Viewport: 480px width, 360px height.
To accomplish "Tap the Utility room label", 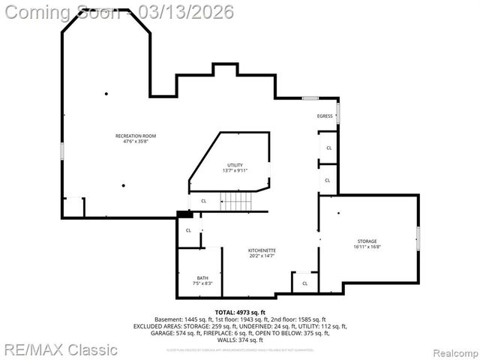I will [235, 165].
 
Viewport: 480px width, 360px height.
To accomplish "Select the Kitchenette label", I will [262, 250].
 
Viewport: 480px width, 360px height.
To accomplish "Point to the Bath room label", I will [202, 277].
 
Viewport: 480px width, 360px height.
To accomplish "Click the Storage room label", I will [367, 241].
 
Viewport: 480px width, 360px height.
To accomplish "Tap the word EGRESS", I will [325, 116].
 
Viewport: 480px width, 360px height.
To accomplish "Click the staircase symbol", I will [234, 201].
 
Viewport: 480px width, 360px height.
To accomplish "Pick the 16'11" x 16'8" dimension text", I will [367, 247].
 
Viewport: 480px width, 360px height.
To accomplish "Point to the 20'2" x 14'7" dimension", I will [262, 256].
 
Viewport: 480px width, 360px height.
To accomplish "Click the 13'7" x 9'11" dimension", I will [235, 170].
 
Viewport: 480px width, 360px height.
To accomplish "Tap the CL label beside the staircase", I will [203, 201].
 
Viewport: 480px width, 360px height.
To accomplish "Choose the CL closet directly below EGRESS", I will [328, 148].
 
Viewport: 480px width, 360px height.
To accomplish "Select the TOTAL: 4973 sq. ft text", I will [240, 312].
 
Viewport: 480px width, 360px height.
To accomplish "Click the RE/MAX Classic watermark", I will [60, 349].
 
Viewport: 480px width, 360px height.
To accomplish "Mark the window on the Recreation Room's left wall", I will [62, 150].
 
